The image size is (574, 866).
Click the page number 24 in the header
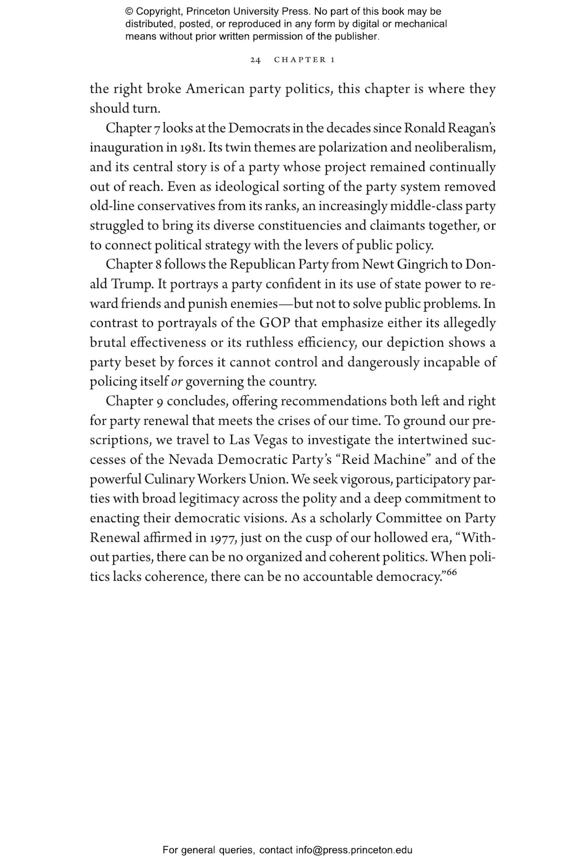click(255, 60)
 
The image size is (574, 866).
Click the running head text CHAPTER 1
click(305, 60)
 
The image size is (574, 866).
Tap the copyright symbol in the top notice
click(129, 11)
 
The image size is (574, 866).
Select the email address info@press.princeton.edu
click(354, 850)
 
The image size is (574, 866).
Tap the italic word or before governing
click(176, 382)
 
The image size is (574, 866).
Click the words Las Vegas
click(258, 440)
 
